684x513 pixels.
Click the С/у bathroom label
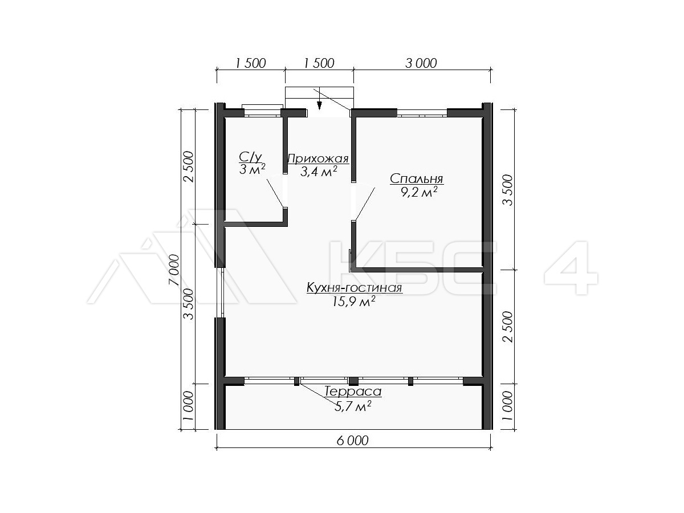250,158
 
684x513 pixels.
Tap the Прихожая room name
318,159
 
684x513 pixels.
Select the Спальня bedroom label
416,179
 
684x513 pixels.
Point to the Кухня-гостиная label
355,287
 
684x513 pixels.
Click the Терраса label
353,392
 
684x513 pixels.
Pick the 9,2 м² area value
419,192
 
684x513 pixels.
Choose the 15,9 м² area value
353,301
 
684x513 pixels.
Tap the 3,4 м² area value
319,172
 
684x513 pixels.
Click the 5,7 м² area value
353,406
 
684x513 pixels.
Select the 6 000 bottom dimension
352,441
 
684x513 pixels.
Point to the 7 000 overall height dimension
174,270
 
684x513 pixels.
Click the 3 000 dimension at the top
421,63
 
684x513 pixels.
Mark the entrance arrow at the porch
319,105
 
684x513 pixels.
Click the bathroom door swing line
275,193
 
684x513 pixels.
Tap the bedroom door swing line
365,204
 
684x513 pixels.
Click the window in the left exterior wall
222,292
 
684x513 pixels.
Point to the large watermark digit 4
571,267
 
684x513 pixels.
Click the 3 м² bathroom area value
252,169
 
